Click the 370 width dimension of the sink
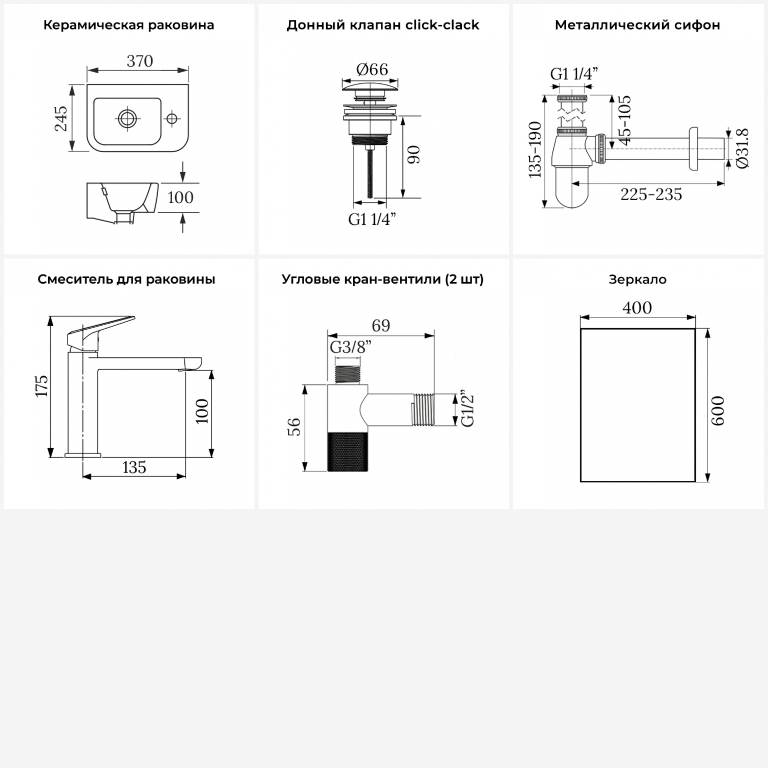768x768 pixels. (140, 61)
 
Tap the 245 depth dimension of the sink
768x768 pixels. (61, 118)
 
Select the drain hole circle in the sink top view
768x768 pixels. (126, 119)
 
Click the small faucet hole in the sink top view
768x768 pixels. (172, 119)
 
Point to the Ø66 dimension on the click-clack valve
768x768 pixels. (372, 69)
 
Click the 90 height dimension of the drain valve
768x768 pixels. (414, 155)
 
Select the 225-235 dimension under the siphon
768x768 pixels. (651, 195)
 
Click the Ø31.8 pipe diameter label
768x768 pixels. (742, 147)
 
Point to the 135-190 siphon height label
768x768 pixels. (535, 150)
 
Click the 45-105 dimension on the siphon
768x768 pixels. (624, 120)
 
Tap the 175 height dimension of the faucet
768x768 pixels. (41, 386)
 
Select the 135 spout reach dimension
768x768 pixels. (134, 467)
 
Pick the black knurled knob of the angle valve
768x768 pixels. (348, 451)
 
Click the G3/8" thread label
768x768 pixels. (351, 347)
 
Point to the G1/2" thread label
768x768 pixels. (468, 410)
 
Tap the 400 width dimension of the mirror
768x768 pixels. (637, 308)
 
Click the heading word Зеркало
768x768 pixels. (637, 280)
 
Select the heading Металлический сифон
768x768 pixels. (637, 25)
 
